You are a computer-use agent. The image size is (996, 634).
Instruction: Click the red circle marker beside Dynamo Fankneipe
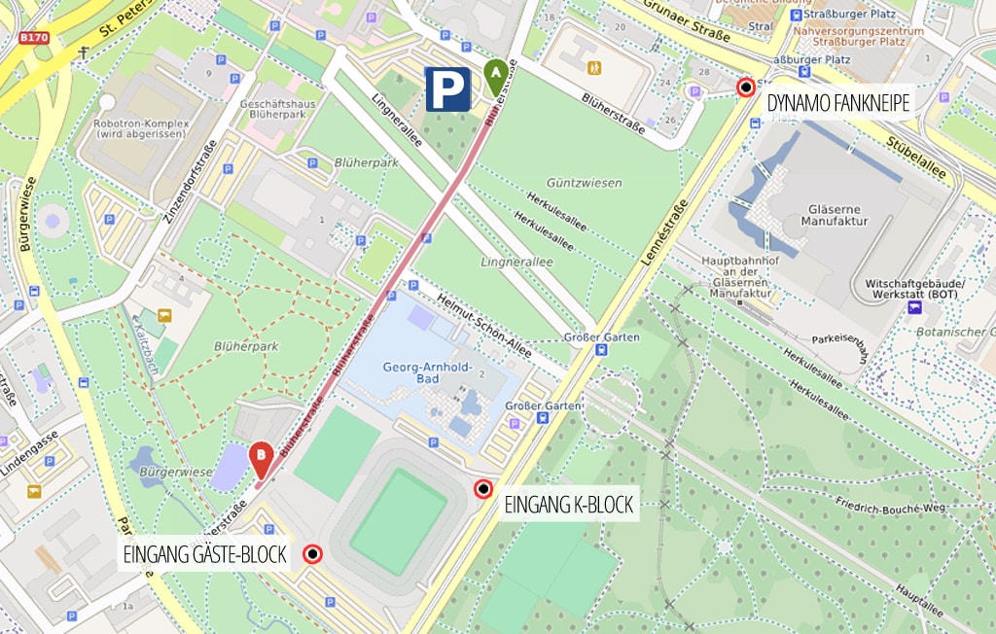pos(746,88)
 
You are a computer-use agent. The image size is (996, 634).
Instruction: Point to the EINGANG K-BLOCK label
pos(568,505)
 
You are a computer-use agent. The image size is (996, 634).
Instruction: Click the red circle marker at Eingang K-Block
pos(482,489)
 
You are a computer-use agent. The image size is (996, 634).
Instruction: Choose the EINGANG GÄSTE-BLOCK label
pos(205,555)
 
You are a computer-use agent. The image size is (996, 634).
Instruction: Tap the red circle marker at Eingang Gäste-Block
pos(312,554)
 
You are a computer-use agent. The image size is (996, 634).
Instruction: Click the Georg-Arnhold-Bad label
pos(427,375)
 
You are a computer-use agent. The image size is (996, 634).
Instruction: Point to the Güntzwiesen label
pos(584,183)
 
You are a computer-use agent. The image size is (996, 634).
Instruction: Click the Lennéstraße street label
pos(666,232)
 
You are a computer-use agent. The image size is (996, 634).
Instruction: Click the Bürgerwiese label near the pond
pos(176,472)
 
